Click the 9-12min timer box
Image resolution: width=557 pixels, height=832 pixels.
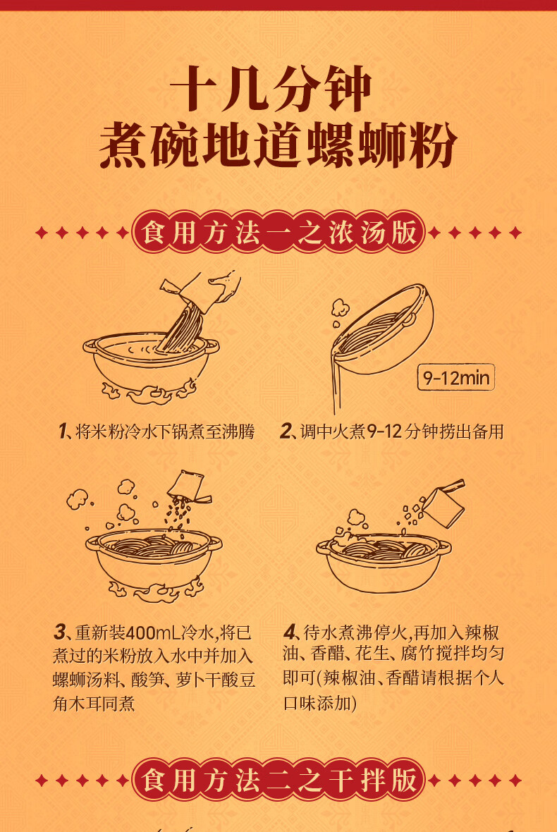point(455,377)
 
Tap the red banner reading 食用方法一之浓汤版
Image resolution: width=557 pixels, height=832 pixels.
point(278,233)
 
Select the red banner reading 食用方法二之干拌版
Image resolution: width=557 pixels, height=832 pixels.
point(278,780)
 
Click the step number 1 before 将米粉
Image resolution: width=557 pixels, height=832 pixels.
point(63,431)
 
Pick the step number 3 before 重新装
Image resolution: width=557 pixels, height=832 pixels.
point(59,632)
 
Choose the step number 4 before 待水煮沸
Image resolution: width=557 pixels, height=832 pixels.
point(290,632)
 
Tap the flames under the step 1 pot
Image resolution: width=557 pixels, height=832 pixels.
point(149,392)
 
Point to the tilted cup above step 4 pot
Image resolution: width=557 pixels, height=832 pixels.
point(443,503)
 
